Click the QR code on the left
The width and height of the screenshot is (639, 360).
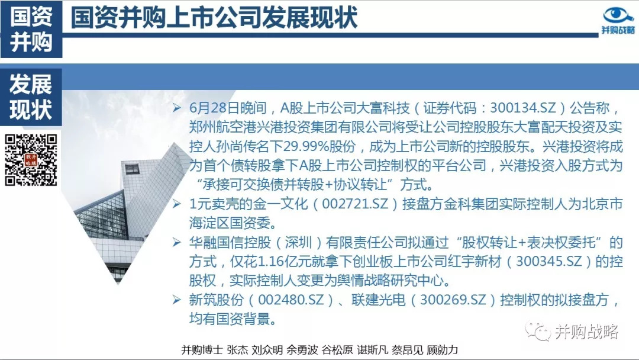31,160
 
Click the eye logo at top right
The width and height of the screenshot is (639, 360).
618,15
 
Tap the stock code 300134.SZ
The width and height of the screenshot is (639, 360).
523,108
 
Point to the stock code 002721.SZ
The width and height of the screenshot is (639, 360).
355,204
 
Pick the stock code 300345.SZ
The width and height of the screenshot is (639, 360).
549,261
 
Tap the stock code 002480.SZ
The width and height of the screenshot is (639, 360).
291,300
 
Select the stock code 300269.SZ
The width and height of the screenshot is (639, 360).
453,300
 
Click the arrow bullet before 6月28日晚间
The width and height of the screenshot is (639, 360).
176,108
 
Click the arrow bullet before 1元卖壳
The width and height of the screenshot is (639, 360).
176,204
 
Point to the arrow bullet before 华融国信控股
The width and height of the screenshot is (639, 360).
176,242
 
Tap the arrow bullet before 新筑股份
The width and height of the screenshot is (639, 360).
176,300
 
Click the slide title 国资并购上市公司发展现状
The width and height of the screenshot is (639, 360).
214,18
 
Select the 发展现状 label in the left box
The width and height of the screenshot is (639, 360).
31,97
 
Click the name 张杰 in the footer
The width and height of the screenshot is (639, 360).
237,350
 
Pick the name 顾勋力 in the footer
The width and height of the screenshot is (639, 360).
442,350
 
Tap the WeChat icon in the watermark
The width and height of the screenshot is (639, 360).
537,330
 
